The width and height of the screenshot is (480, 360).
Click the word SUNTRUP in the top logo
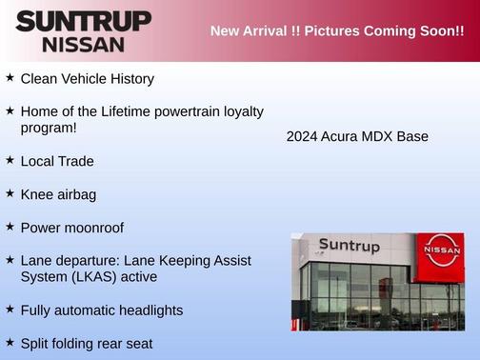(83, 21)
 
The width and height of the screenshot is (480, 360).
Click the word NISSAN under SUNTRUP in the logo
(83, 44)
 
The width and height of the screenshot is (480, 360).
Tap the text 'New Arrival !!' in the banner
(252, 31)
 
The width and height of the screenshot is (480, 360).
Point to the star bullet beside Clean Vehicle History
(10, 78)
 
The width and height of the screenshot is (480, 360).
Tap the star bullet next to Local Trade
(10, 160)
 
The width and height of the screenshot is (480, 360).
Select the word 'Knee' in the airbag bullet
(38, 194)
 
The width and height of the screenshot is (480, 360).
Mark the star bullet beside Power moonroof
(10, 227)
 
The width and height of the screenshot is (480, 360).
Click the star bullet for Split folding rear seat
(10, 341)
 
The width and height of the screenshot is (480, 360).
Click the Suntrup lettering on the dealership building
(349, 246)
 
